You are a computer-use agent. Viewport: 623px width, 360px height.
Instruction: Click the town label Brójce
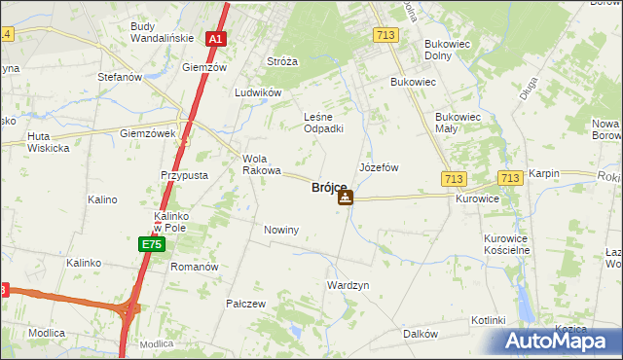pyautogui.click(x=329, y=187)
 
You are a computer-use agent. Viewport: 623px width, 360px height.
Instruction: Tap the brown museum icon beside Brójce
pyautogui.click(x=346, y=198)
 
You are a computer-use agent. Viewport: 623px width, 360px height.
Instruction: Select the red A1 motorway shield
pyautogui.click(x=216, y=40)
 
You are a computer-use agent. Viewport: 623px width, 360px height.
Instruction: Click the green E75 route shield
pyautogui.click(x=150, y=243)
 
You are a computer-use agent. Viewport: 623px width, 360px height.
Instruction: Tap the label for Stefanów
pyautogui.click(x=120, y=76)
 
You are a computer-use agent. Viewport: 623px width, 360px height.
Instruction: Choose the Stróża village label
pyautogui.click(x=282, y=61)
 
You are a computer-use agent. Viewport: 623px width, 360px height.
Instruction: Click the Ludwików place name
pyautogui.click(x=258, y=92)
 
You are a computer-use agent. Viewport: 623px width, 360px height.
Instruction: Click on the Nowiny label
pyautogui.click(x=281, y=230)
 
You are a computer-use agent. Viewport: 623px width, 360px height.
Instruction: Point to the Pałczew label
pyautogui.click(x=246, y=304)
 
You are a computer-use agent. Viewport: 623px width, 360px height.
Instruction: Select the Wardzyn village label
pyautogui.click(x=348, y=286)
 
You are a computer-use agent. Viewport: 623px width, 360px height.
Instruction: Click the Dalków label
pyautogui.click(x=420, y=334)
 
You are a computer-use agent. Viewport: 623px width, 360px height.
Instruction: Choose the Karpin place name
pyautogui.click(x=545, y=173)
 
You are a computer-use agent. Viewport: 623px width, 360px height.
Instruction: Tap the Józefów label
pyautogui.click(x=379, y=167)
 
